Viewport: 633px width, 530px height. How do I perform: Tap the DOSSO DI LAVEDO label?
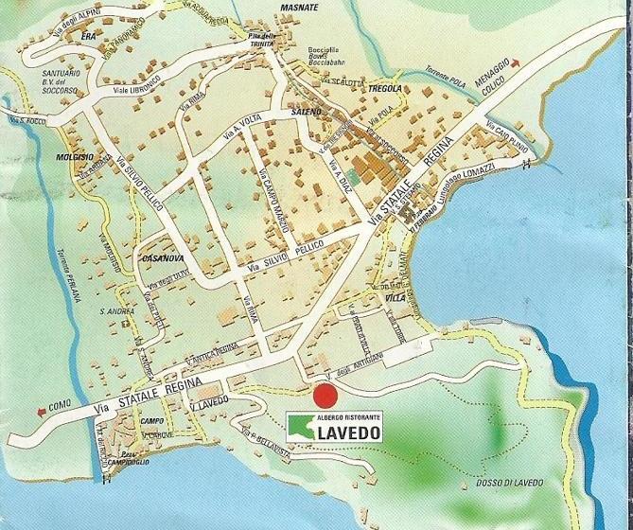click(x=503, y=485)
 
